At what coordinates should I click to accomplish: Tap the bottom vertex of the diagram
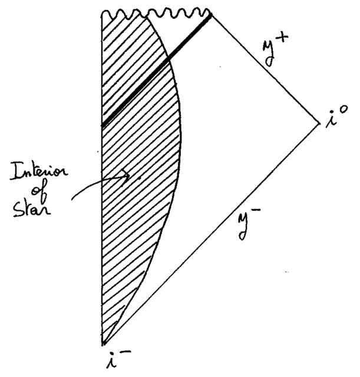pyautogui.click(x=103, y=344)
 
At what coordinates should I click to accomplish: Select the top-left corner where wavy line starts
pyautogui.click(x=103, y=13)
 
